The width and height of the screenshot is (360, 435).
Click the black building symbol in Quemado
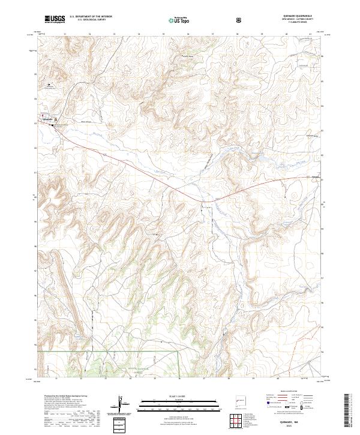[52, 125]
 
